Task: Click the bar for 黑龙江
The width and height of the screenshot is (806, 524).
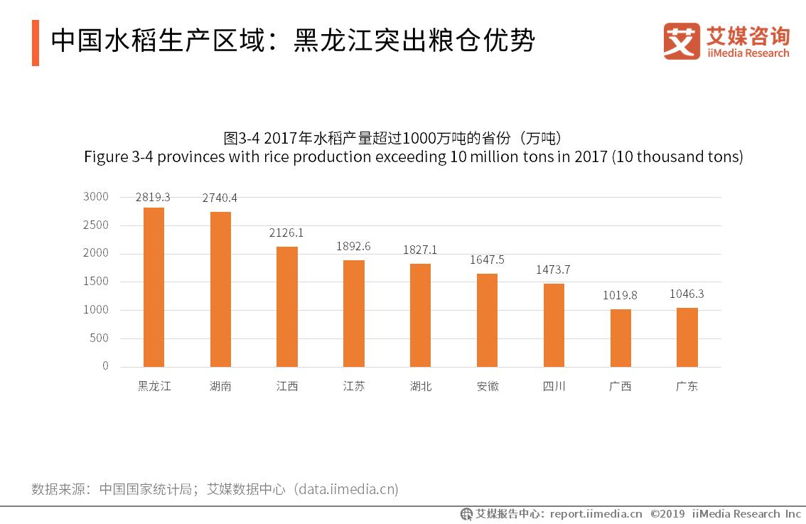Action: (x=154, y=287)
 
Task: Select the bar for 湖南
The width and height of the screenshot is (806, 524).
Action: (x=220, y=289)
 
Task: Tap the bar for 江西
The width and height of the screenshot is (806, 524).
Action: (x=287, y=306)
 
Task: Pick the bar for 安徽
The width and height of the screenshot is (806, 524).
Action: (x=487, y=320)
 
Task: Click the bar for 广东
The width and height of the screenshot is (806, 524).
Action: (x=687, y=337)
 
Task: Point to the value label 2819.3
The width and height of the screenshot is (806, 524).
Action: (x=154, y=197)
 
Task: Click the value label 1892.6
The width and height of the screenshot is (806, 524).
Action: (x=353, y=247)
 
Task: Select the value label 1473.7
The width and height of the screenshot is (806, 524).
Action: (x=554, y=269)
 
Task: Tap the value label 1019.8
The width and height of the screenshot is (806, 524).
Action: (x=620, y=295)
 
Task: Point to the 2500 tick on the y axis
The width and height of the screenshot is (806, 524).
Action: (x=95, y=225)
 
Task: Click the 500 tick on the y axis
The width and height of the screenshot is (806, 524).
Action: (x=100, y=338)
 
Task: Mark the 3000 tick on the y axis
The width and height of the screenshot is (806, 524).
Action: (x=95, y=197)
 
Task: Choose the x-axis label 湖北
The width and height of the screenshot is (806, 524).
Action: (x=421, y=387)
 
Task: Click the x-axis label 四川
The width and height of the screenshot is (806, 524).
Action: (x=554, y=387)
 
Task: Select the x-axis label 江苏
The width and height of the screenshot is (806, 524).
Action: (x=353, y=387)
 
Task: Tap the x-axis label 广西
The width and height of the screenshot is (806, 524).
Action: (x=620, y=387)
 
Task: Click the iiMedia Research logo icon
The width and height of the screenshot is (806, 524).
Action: (x=682, y=41)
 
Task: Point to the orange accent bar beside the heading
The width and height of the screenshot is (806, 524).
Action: (x=36, y=43)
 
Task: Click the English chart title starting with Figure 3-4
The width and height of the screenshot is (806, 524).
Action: (x=413, y=156)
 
